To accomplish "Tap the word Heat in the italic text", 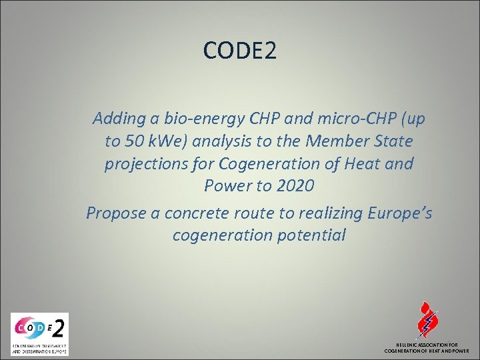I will (357, 164).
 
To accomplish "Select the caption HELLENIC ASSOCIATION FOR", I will (427, 345).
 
